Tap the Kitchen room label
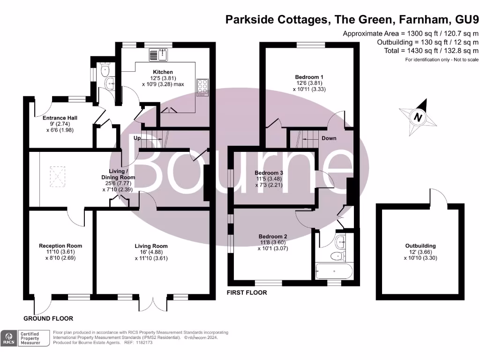point(153,72)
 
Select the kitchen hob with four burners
point(203,87)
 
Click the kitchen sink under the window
point(159,55)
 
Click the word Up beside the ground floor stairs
point(137,138)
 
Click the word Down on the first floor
point(329,138)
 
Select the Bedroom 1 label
point(309,77)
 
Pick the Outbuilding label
point(420,246)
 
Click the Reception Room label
point(60,246)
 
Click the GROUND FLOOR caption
point(48,318)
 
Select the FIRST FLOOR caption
point(247,292)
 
